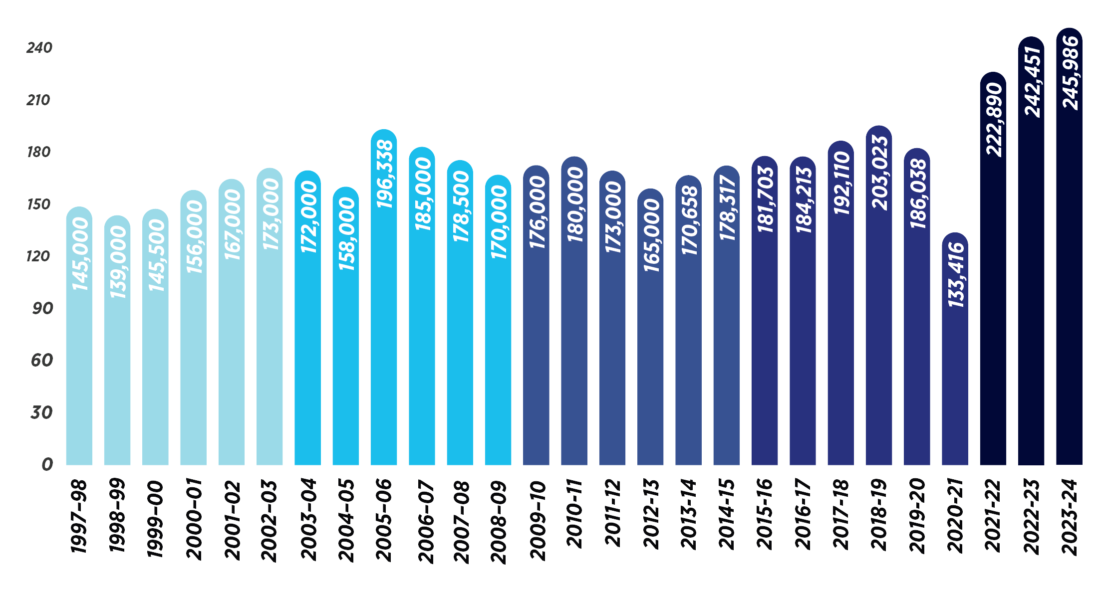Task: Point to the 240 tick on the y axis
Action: (39, 48)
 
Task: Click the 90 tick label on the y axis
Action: (42, 308)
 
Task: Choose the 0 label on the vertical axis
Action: (47, 464)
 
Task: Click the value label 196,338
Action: (385, 174)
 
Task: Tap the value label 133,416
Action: (956, 275)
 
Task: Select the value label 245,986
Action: (1070, 72)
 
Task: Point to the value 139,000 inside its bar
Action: (118, 262)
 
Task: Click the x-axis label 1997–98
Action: (79, 516)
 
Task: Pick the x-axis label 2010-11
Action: (574, 514)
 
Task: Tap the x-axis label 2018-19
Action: (878, 514)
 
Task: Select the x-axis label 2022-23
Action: (1031, 516)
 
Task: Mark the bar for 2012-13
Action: (650, 349)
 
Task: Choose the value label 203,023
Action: (880, 173)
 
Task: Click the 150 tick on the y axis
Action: (39, 204)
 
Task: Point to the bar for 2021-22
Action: (993, 299)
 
